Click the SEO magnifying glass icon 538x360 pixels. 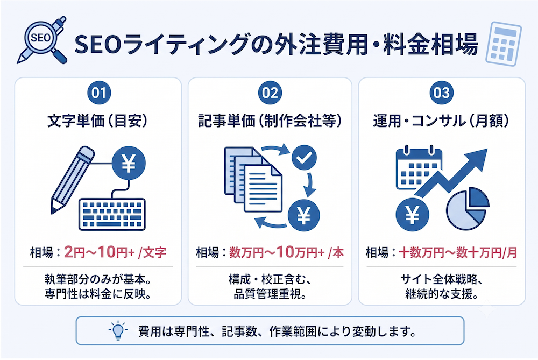click(41, 40)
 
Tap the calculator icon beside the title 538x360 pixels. click(504, 44)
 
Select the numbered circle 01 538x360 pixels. click(99, 93)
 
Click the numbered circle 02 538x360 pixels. click(270, 93)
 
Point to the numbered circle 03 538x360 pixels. click(442, 93)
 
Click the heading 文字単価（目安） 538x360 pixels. click(97, 121)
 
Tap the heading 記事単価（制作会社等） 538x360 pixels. click(270, 121)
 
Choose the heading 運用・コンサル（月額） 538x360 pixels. click(441, 121)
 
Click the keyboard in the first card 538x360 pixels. click(112, 214)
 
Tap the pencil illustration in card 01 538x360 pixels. click(72, 180)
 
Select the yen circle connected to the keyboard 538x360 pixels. click(129, 163)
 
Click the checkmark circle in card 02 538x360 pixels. click(304, 158)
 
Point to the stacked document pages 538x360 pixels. click(253, 180)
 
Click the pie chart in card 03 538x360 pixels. click(468, 209)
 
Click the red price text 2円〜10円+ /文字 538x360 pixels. click(115, 252)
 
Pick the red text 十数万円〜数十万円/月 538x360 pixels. click(458, 253)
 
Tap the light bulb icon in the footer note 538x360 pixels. click(118, 330)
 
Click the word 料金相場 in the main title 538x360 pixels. click(430, 44)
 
